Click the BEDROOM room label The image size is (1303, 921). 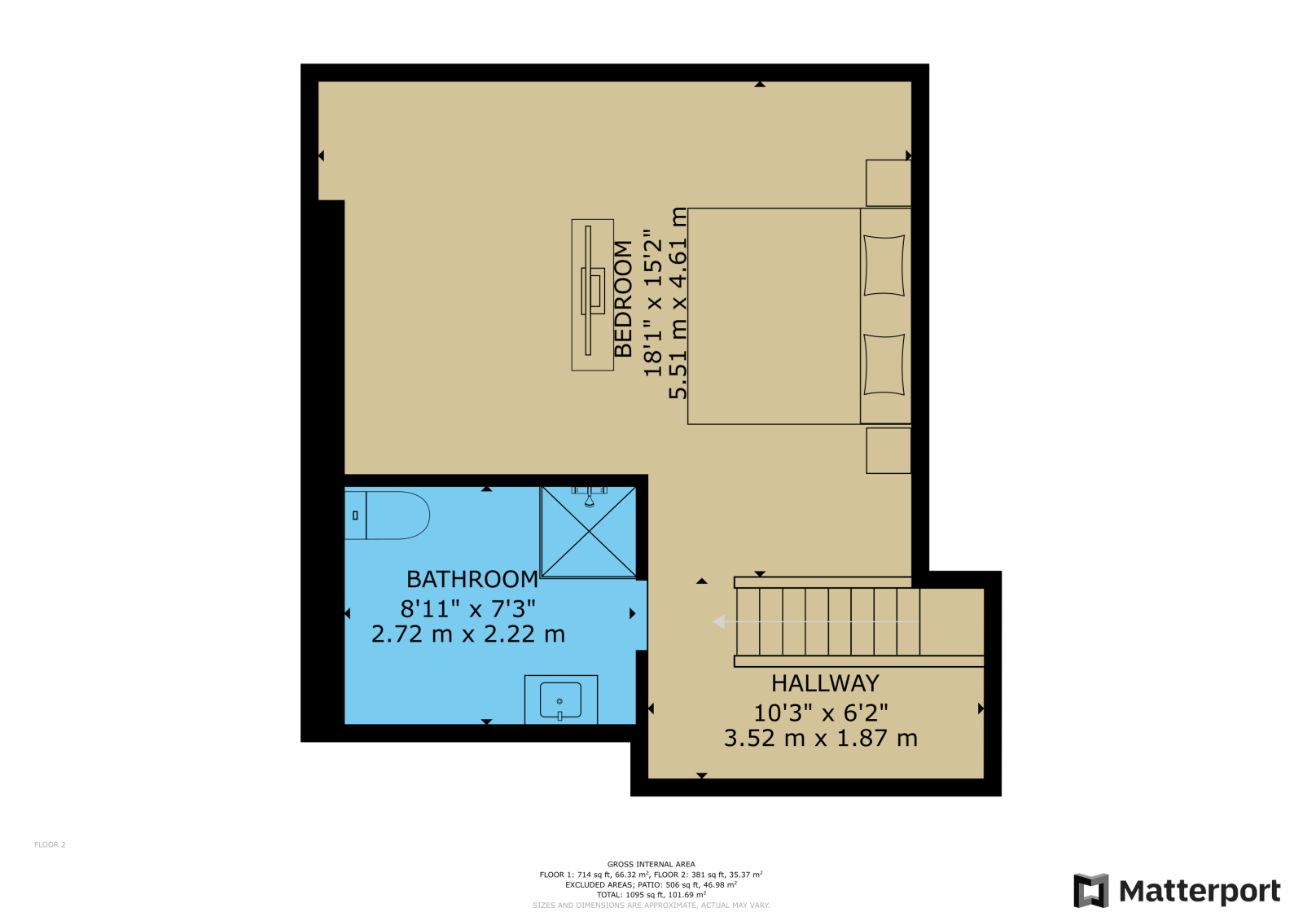pos(623,299)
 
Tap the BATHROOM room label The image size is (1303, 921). pos(472,580)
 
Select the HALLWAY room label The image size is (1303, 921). pos(825,683)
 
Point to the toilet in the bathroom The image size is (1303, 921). pos(387,515)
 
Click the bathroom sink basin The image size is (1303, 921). pos(560,701)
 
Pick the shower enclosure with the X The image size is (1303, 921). pos(589,533)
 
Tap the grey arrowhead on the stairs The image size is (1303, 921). pos(719,622)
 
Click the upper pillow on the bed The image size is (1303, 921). pos(884,265)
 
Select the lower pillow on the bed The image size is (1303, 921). pos(884,365)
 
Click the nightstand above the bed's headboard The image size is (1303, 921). pos(888,182)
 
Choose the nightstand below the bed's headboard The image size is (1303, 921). pos(888,451)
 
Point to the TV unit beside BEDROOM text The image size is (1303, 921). pos(592,295)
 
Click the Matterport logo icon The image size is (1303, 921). pos(1091,891)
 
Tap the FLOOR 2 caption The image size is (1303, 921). pos(50,844)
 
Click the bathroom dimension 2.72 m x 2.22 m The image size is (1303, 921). pos(468,634)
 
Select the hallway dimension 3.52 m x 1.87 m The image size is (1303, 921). pos(821,739)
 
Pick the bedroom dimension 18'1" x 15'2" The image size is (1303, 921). pos(652,303)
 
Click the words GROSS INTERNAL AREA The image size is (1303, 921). pos(651,865)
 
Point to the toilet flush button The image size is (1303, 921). pos(355,515)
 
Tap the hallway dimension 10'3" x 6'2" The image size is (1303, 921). pos(821,713)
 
